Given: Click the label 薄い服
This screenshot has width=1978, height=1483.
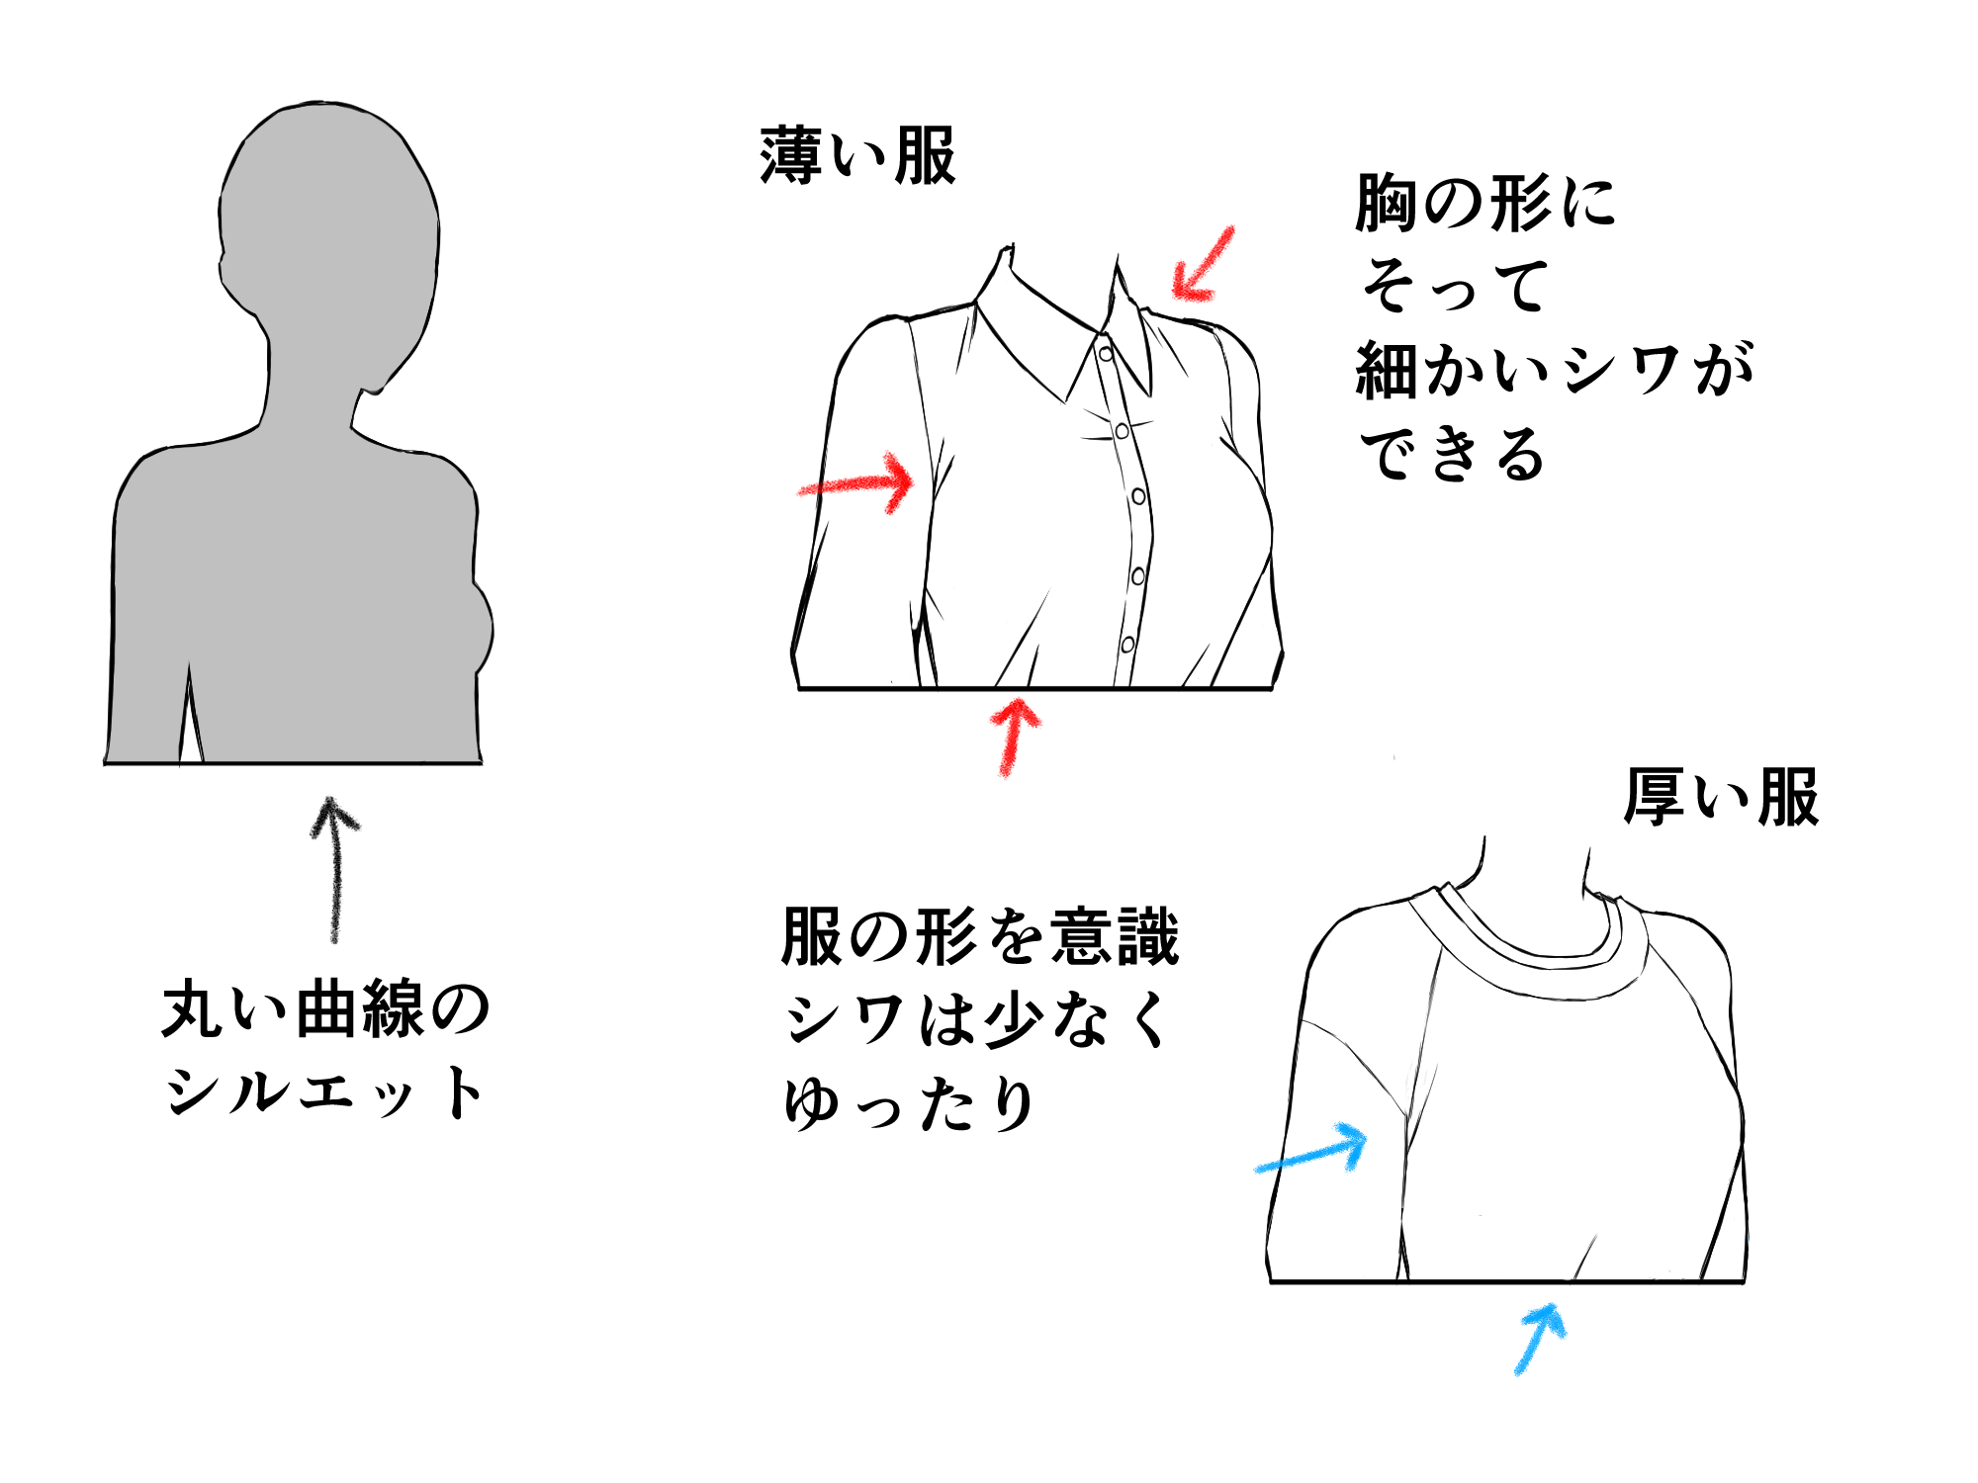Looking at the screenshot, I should pos(857,156).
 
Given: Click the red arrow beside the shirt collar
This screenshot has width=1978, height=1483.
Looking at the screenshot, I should pos(1203,265).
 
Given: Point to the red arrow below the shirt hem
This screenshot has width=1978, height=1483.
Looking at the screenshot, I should pos(1013,736).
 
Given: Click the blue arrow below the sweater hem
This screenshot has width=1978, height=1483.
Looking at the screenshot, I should pos(1540,1338).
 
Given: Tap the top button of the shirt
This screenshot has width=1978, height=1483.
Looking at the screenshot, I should pos(1106,353).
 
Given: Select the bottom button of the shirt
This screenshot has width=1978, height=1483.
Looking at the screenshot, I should pos(1127,645).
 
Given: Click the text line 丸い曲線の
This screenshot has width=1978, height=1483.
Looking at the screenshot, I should pos(325,1009).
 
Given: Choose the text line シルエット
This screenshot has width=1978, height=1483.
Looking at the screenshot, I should pos(325,1093).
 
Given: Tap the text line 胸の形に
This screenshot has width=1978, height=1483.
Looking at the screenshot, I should pos(1484,204).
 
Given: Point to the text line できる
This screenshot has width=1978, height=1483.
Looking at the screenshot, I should pos(1452,455).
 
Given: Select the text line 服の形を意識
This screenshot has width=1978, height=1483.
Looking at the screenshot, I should pos(980,936).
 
